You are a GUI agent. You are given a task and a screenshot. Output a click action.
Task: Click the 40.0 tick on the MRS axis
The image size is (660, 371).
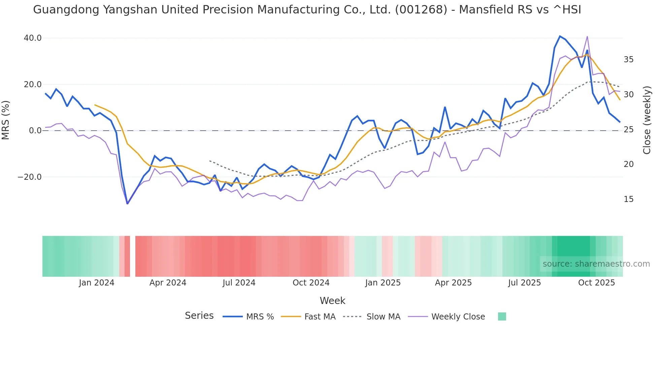[33, 38]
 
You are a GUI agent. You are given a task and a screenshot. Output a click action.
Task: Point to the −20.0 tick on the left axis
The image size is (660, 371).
[30, 177]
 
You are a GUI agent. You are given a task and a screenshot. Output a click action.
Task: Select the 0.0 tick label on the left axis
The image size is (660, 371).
[35, 131]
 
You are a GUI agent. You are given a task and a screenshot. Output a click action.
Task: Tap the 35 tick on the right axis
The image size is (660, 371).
[628, 60]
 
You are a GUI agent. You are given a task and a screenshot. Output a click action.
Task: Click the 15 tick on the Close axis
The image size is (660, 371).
[628, 199]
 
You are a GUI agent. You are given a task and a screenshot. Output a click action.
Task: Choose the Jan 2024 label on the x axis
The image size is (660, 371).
[97, 283]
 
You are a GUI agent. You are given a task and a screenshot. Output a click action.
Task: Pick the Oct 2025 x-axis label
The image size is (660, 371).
[596, 283]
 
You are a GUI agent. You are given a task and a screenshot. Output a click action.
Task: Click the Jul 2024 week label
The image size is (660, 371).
[239, 283]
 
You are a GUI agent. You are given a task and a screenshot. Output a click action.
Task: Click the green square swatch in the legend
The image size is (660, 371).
[502, 316]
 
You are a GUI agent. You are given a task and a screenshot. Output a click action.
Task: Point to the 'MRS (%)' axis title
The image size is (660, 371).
[6, 120]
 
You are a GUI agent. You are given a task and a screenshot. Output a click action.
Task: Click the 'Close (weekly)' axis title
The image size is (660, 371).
[647, 120]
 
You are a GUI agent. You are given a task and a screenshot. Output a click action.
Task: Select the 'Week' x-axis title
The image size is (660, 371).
[332, 301]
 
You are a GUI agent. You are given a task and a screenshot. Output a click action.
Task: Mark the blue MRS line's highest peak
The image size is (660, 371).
[560, 36]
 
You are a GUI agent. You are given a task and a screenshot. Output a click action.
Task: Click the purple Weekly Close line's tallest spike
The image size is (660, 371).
[587, 36]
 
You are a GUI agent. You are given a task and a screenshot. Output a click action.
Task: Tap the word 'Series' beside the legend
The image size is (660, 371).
[199, 316]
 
